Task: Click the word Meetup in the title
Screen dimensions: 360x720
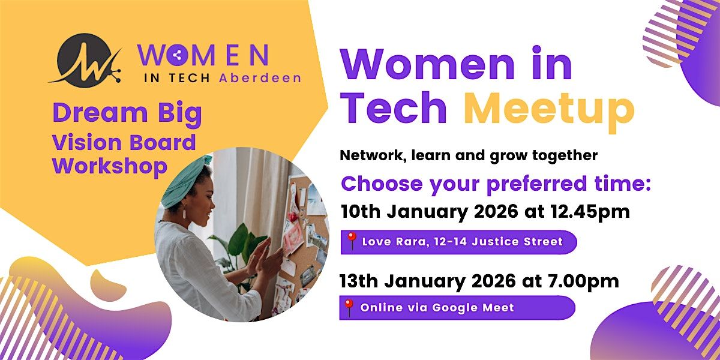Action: point(549,109)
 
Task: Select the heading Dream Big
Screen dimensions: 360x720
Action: point(127,115)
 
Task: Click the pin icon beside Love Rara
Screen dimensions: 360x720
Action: point(352,241)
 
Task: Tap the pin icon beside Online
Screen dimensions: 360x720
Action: point(349,307)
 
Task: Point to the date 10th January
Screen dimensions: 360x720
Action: point(392,212)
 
